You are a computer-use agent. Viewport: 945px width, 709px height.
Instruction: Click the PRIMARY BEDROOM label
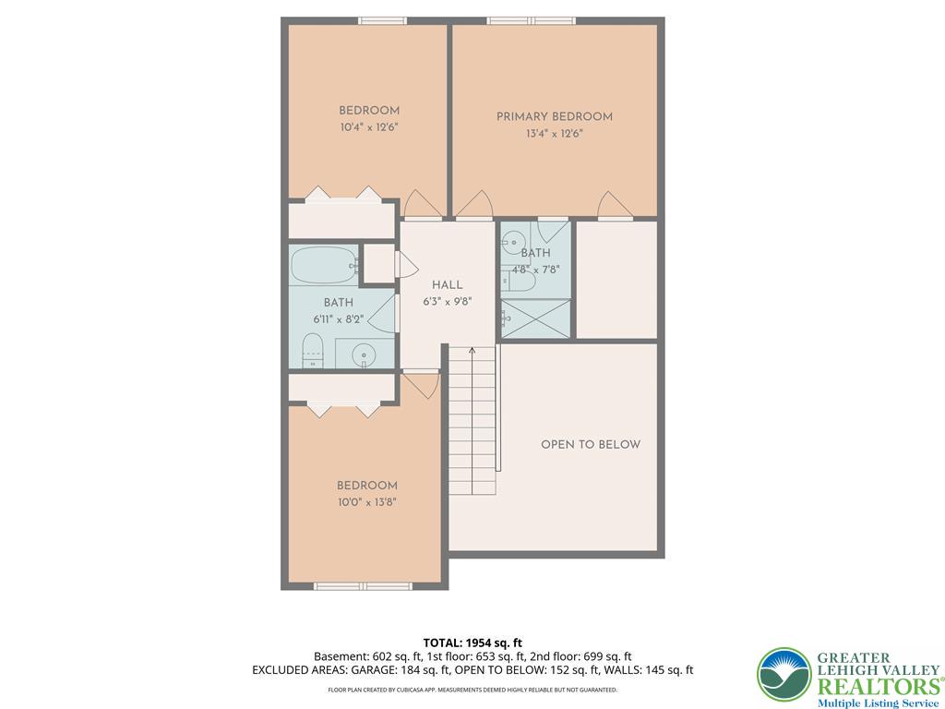pyautogui.click(x=554, y=116)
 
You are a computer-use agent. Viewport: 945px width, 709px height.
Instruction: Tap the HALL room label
pyautogui.click(x=448, y=285)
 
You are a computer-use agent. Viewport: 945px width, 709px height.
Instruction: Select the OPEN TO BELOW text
pyautogui.click(x=591, y=444)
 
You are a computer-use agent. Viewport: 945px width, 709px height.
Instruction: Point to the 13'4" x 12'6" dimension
pyautogui.click(x=554, y=134)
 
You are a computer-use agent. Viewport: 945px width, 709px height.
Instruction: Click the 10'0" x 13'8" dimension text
pyautogui.click(x=366, y=502)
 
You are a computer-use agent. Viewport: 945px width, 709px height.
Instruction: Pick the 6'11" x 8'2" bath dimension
pyautogui.click(x=338, y=319)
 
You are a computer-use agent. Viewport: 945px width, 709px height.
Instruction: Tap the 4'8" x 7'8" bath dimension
pyautogui.click(x=535, y=270)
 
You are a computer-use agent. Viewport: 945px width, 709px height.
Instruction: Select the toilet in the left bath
pyautogui.click(x=312, y=350)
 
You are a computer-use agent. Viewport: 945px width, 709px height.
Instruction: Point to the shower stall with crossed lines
pyautogui.click(x=535, y=318)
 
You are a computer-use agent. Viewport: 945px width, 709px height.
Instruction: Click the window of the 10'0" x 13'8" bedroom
pyautogui.click(x=363, y=586)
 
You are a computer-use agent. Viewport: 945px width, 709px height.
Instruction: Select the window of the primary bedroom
pyautogui.click(x=531, y=21)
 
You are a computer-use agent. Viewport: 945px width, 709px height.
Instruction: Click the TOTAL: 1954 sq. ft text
pyautogui.click(x=468, y=643)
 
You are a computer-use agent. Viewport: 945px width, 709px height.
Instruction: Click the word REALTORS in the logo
pyautogui.click(x=879, y=686)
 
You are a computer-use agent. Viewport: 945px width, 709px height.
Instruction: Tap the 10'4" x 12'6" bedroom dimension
pyautogui.click(x=369, y=127)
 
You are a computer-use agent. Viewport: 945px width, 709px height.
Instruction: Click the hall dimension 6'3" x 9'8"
pyautogui.click(x=448, y=302)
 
